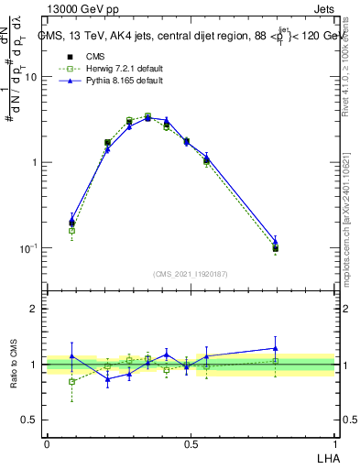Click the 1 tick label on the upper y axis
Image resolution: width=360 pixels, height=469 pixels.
pyautogui.click(x=35, y=163)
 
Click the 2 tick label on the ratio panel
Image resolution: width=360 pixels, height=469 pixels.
pyautogui.click(x=35, y=310)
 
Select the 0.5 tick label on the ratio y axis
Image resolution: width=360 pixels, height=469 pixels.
pyautogui.click(x=30, y=420)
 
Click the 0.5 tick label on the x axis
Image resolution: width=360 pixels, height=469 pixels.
pyautogui.click(x=191, y=443)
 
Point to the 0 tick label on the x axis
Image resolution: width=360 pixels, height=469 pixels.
pyautogui.click(x=47, y=443)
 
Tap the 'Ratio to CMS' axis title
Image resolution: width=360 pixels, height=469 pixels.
pyautogui.click(x=14, y=365)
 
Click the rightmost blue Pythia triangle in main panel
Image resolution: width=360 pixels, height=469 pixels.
pyautogui.click(x=276, y=242)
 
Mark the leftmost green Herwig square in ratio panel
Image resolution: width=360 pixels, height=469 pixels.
pyautogui.click(x=72, y=381)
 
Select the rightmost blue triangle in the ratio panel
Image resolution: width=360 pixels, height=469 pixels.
pyautogui.click(x=276, y=348)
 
